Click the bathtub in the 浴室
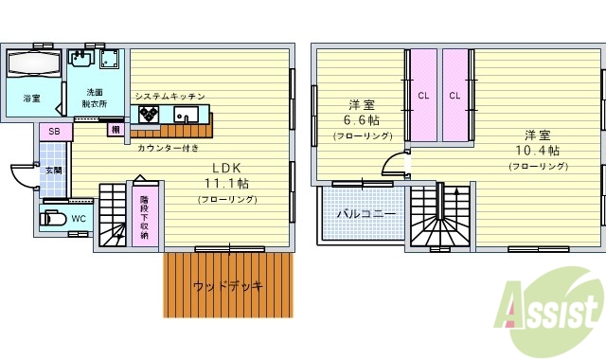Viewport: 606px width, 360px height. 34,65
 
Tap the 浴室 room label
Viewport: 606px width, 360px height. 32,99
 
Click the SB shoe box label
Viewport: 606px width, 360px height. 54,131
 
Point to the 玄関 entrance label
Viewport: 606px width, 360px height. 53,171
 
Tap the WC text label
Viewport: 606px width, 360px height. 79,219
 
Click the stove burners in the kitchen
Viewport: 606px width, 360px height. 150,114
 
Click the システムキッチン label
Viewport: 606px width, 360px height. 169,97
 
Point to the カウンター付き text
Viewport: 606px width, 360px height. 168,148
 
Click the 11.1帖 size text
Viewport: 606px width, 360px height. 228,183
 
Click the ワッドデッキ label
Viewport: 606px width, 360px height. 226,286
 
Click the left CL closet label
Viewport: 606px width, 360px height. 423,95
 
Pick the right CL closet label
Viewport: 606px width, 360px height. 454,95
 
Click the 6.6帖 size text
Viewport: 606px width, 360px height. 361,120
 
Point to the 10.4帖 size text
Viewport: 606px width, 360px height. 538,150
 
